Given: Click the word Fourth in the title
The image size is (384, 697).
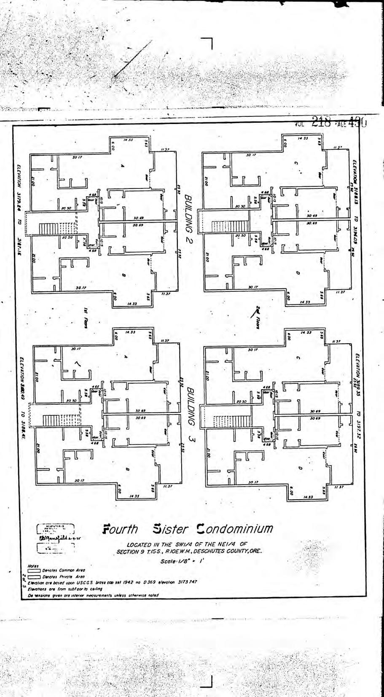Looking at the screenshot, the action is click(121, 529).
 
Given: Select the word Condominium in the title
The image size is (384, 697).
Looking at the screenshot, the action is click(234, 528).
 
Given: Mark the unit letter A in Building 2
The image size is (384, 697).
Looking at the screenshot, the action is click(123, 167).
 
